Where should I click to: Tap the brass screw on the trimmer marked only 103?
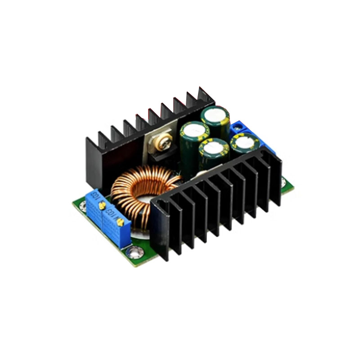coord(102,206)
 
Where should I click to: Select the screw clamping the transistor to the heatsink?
coord(163,143)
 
